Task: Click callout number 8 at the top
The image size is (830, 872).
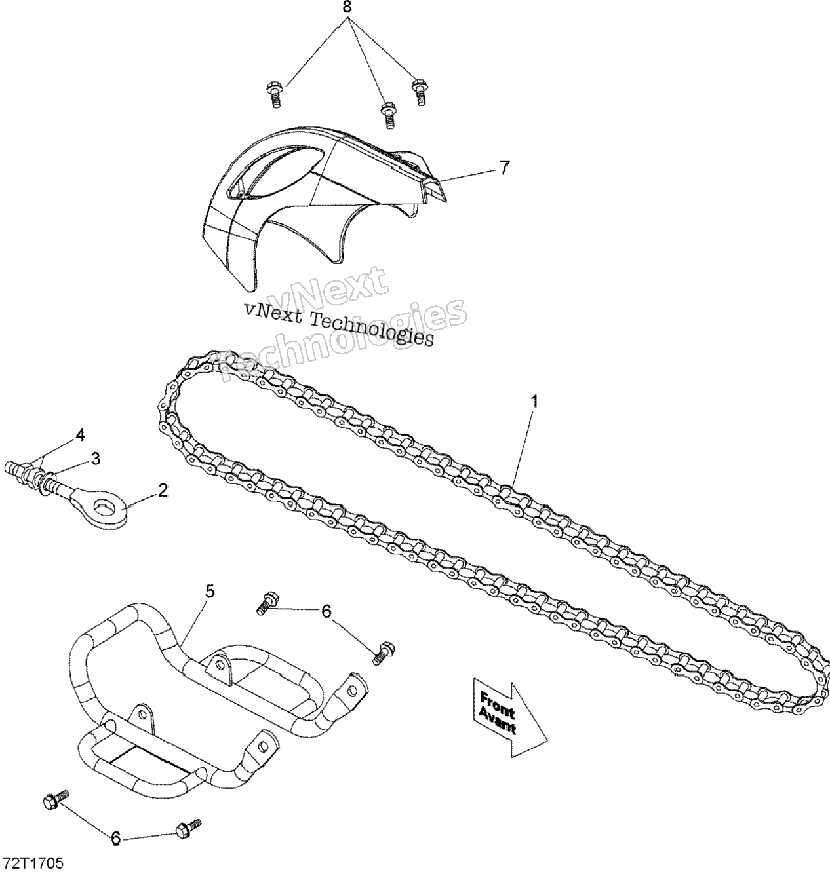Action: [x=347, y=9]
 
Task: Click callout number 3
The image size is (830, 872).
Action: [x=96, y=459]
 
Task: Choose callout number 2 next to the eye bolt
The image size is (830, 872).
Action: [x=163, y=489]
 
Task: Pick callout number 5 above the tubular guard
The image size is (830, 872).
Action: [x=209, y=592]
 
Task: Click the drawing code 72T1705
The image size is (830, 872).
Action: [x=34, y=860]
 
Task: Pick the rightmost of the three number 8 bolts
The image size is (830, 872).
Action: [x=419, y=90]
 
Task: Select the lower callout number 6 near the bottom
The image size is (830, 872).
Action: [x=115, y=837]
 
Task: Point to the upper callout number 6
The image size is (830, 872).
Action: [x=326, y=611]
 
